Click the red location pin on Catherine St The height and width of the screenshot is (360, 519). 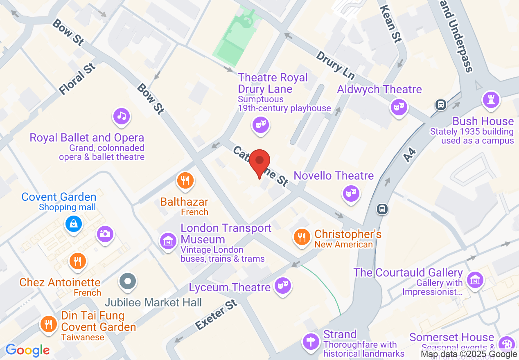[259, 161]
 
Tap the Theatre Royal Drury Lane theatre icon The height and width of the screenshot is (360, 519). [260, 124]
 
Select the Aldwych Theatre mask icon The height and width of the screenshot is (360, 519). [399, 108]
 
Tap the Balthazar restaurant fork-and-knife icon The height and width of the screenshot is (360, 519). [185, 180]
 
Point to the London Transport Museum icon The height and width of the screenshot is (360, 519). [168, 241]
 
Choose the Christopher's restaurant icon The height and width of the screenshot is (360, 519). [302, 237]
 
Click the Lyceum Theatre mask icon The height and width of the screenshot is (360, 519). [282, 285]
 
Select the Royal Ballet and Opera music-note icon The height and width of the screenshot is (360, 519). [122, 117]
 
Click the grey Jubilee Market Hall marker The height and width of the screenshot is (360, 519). [128, 281]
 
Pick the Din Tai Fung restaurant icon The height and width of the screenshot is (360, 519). [49, 324]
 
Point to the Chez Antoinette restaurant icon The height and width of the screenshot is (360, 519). [77, 261]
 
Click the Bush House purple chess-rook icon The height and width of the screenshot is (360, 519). [490, 99]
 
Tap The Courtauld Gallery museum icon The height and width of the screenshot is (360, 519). [475, 280]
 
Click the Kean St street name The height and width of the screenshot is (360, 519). [390, 25]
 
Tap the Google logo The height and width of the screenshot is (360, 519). [28, 350]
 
